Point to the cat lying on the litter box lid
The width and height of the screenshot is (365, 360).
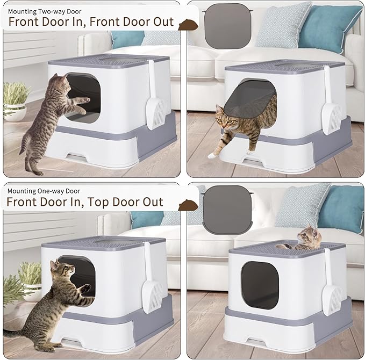pyautogui.click(x=303, y=239)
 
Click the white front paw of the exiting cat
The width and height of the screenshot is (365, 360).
pyautogui.click(x=212, y=155)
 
